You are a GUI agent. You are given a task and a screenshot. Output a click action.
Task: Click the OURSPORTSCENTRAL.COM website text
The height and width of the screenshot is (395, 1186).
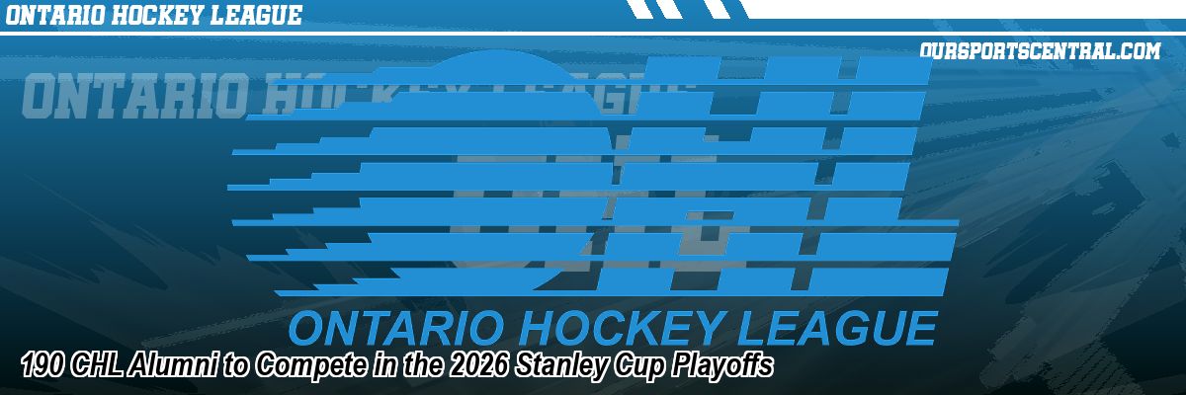click(1039, 51)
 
